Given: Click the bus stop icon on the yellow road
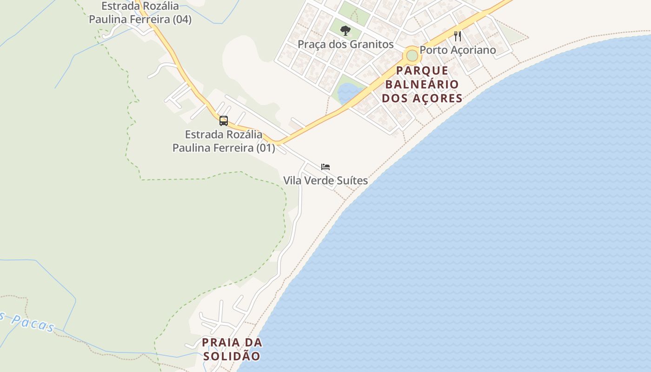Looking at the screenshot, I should pos(224,121).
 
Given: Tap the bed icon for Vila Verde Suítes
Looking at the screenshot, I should pos(325,166).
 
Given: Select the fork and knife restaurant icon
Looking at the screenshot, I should pos(458,36).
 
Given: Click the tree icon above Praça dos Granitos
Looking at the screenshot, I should pos(345,31).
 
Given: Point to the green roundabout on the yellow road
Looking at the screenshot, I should pos(412,55).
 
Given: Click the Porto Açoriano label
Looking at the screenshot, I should pos(458,50).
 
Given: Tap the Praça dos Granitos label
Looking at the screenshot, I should pos(345,45).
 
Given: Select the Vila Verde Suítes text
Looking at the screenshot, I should pos(325,180).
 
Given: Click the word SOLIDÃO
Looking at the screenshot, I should pos(232,357).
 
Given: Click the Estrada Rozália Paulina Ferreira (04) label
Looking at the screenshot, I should pos(140,13).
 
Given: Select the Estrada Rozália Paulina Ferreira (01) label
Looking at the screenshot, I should pos(224,141).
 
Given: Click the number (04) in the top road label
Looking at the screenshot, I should pos(182,20).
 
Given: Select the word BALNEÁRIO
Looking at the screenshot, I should pos(422,85).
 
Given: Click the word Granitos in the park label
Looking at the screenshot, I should pos(373,45).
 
